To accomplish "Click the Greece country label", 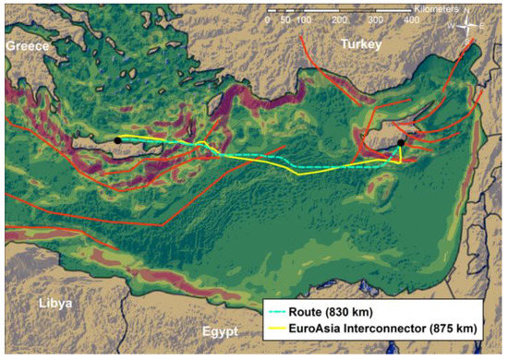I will click(x=28, y=44).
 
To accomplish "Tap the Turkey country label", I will click(x=360, y=44).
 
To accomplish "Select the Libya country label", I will click(x=55, y=303).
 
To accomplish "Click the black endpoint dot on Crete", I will click(x=118, y=140).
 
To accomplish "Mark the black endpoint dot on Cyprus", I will click(x=403, y=142).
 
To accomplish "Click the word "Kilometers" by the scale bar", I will click(x=424, y=7).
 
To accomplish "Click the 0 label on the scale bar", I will click(x=268, y=19).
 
